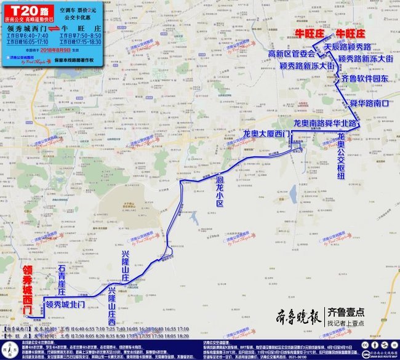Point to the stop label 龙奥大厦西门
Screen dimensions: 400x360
[x=264, y=133]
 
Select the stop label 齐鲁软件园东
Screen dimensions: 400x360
[x=364, y=79]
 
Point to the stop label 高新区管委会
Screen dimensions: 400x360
[x=290, y=54]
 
